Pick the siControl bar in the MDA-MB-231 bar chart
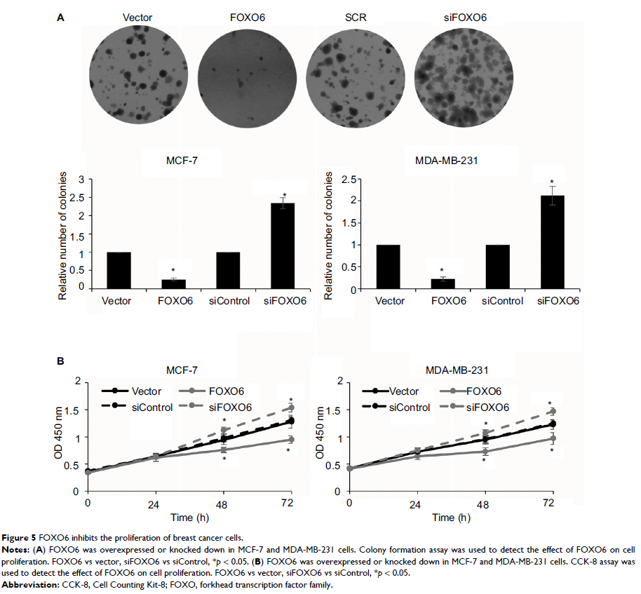coord(503,266)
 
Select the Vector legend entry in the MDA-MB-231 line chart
coord(403,391)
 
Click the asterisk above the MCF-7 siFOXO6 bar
coord(285,195)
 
